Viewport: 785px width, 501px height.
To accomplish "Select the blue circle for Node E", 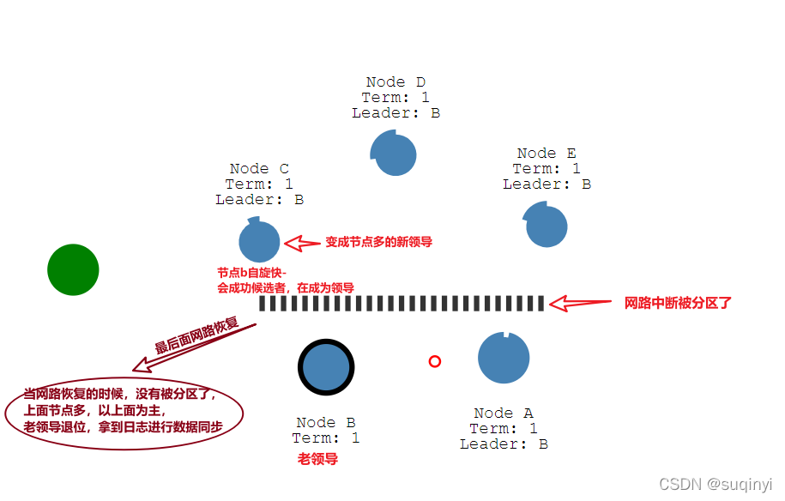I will tap(546, 226).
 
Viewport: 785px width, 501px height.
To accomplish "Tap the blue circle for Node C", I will tap(259, 241).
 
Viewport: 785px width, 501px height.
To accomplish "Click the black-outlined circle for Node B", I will tap(326, 367).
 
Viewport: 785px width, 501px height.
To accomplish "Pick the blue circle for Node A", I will tap(504, 358).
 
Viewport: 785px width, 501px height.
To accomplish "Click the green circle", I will tap(73, 269).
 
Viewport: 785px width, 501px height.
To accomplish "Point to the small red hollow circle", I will tap(435, 361).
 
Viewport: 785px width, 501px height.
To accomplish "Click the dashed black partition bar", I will tap(402, 303).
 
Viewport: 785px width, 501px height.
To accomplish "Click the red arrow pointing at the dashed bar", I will tap(579, 303).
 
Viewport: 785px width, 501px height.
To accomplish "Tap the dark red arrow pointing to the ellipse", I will tap(193, 347).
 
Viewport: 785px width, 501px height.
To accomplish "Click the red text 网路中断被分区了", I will tap(677, 304).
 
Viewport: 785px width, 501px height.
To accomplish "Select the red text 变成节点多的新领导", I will tap(378, 243).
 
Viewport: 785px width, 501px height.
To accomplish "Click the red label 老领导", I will tap(317, 460).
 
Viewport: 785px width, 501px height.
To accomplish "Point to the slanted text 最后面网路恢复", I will tap(206, 337).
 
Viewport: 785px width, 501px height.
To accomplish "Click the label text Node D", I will tap(396, 82).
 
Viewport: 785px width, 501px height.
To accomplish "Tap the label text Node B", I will tap(325, 422).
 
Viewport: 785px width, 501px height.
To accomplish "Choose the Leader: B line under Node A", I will tap(504, 444).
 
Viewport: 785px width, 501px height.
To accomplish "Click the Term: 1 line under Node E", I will tap(546, 169).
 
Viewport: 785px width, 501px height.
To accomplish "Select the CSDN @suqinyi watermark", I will tap(716, 485).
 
